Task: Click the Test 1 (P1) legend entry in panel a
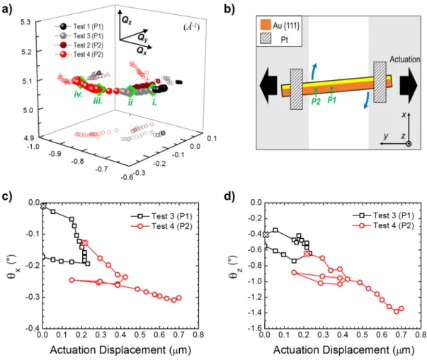click(x=79, y=26)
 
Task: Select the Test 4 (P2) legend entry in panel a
click(x=79, y=55)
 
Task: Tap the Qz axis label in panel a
click(x=126, y=20)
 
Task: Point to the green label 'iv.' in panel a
click(x=78, y=94)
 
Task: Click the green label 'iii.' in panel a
click(x=98, y=101)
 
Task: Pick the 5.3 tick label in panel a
click(x=25, y=22)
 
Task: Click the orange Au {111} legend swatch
click(x=266, y=25)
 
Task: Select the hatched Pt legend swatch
click(x=266, y=39)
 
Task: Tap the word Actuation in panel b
click(x=404, y=59)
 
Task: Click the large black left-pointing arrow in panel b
click(x=268, y=85)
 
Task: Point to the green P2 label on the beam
click(x=316, y=101)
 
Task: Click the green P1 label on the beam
click(x=331, y=100)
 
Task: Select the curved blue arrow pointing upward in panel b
click(x=314, y=71)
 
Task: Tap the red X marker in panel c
click(x=85, y=243)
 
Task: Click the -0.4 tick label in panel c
click(x=33, y=328)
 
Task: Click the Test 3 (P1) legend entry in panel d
click(x=383, y=215)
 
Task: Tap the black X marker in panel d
click(x=266, y=235)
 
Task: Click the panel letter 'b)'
click(x=229, y=9)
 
